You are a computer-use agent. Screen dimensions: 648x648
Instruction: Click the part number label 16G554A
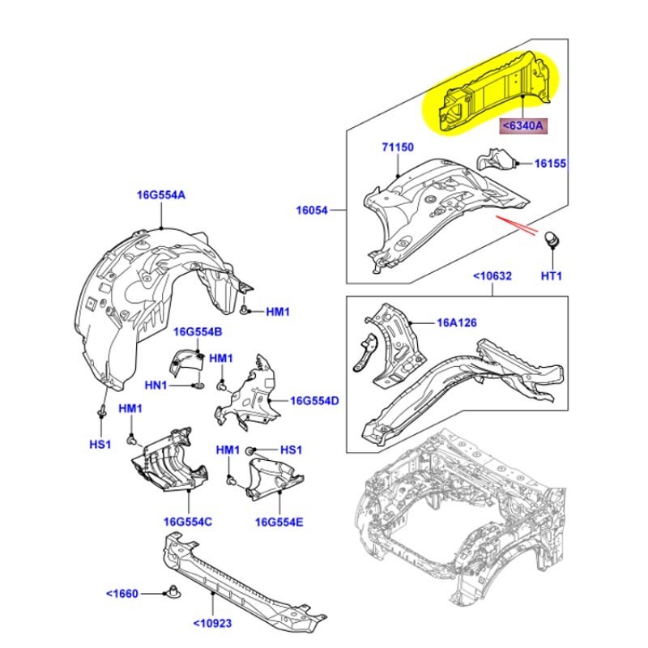(160, 195)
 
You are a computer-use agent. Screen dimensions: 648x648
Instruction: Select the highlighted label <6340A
(523, 126)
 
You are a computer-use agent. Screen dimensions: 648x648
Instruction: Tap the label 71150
(398, 148)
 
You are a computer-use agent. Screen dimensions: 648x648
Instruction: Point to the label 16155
(550, 164)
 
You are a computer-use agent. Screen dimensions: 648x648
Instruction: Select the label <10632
(492, 276)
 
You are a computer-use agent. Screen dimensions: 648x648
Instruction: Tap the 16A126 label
(457, 322)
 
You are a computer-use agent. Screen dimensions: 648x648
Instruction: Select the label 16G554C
(187, 522)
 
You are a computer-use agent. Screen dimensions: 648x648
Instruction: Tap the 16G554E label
(279, 522)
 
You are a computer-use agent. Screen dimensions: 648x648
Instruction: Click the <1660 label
(122, 593)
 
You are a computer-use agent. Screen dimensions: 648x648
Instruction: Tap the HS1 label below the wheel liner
(99, 445)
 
